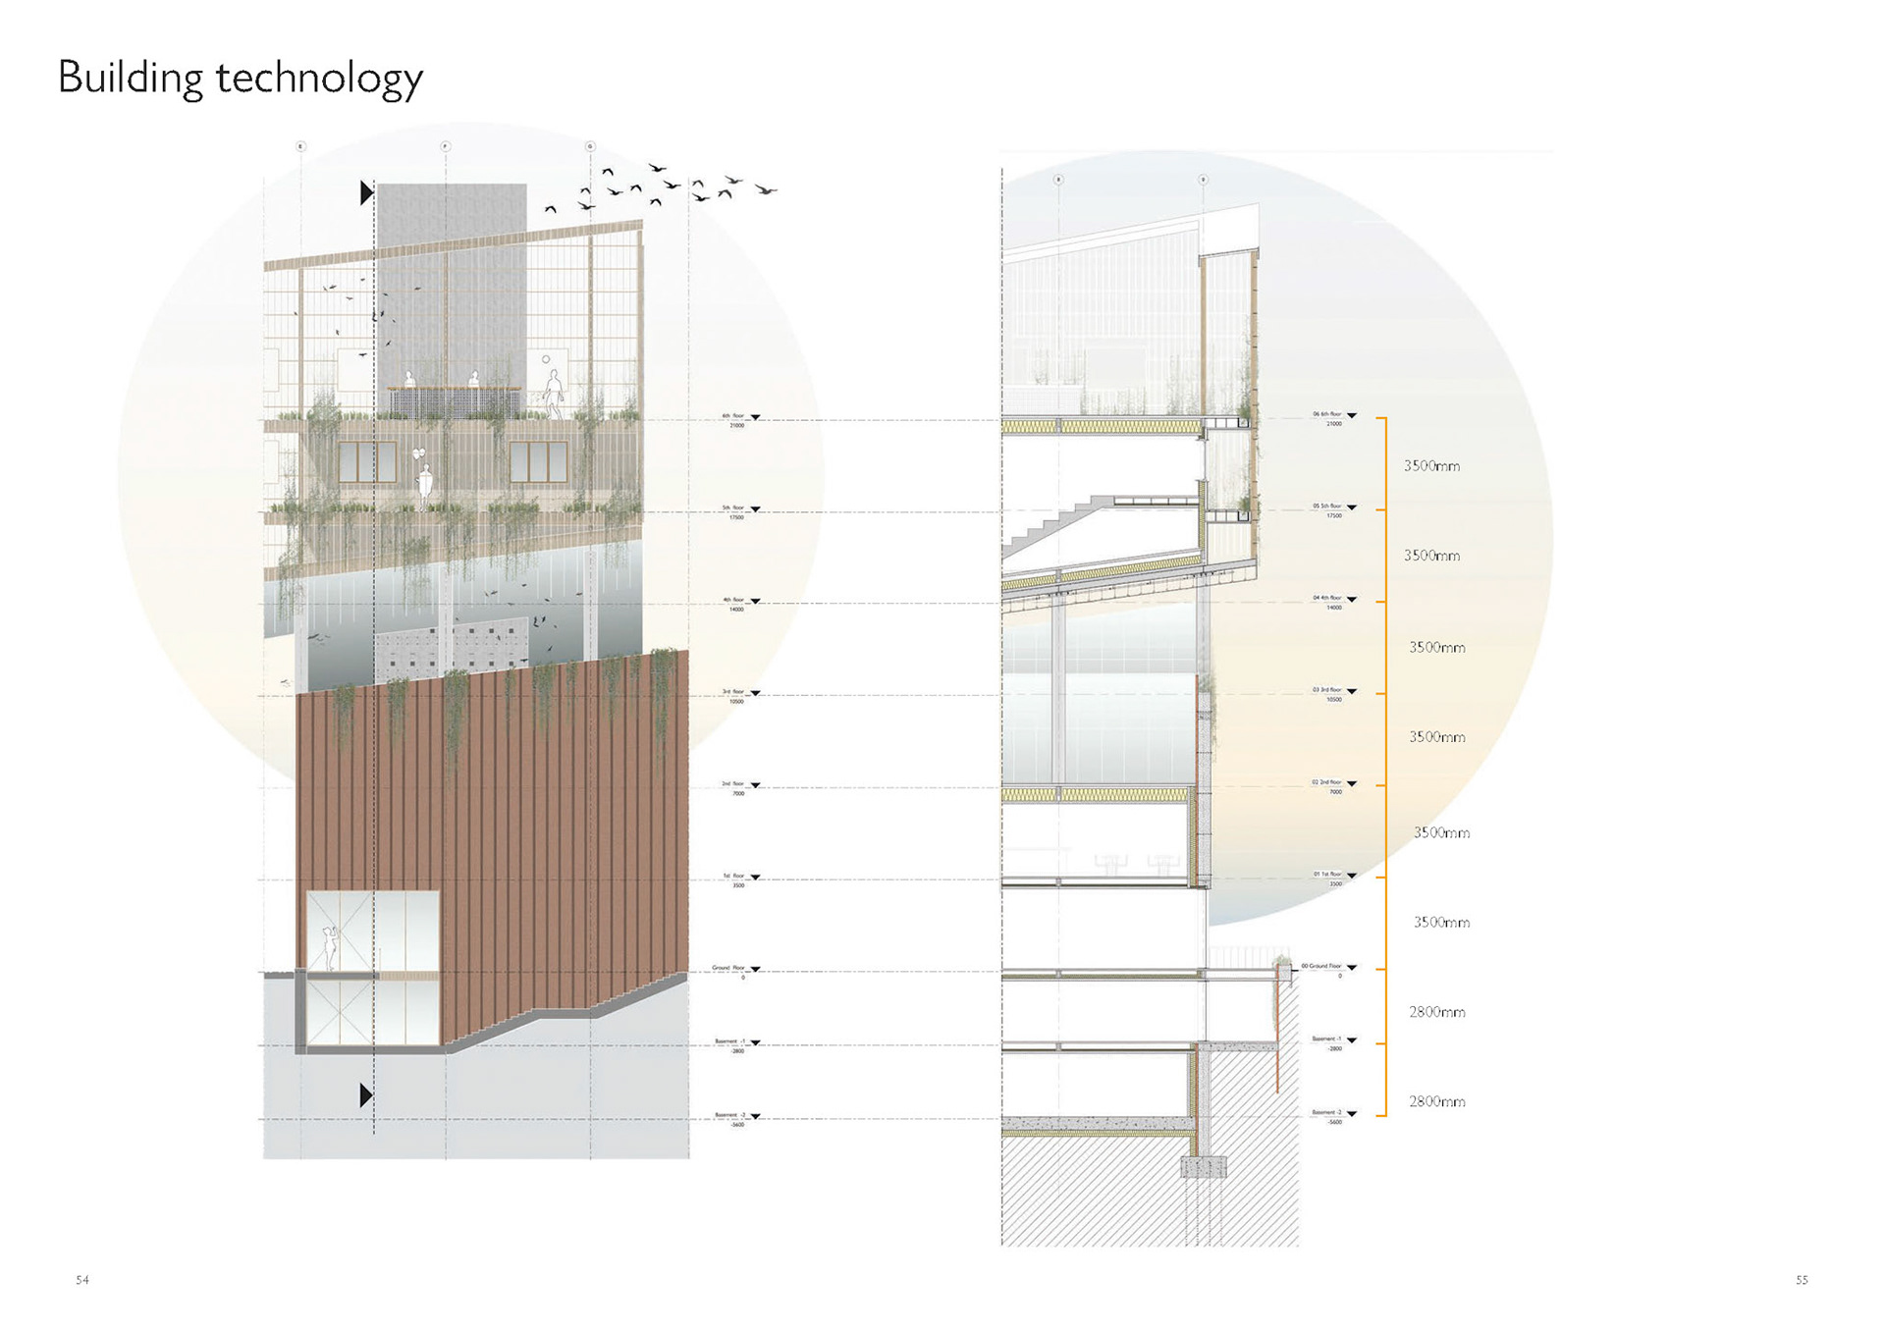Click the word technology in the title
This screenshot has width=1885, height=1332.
tap(319, 79)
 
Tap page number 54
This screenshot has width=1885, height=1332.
tap(82, 1280)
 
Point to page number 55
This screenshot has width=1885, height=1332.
tap(1802, 1280)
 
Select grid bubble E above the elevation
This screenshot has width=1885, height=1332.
tap(301, 146)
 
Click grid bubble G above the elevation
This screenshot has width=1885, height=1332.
tap(590, 146)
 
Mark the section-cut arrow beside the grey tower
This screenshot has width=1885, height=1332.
tap(366, 192)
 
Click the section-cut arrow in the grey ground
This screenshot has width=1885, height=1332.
tap(366, 1094)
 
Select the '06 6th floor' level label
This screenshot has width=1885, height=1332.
tap(1327, 414)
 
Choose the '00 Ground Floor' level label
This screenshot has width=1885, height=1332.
tap(1321, 966)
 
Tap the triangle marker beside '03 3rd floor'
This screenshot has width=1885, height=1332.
tap(1352, 691)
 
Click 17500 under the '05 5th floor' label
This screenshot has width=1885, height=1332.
tap(1334, 515)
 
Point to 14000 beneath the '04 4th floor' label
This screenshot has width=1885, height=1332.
tap(1334, 608)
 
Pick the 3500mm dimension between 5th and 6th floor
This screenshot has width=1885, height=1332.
tap(1431, 466)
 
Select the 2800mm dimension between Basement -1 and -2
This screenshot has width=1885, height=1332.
tap(1437, 1102)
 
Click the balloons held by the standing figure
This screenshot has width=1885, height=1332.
tap(419, 454)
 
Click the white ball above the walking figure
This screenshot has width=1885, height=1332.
tap(546, 359)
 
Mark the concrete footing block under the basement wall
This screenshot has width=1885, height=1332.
tap(1204, 1167)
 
